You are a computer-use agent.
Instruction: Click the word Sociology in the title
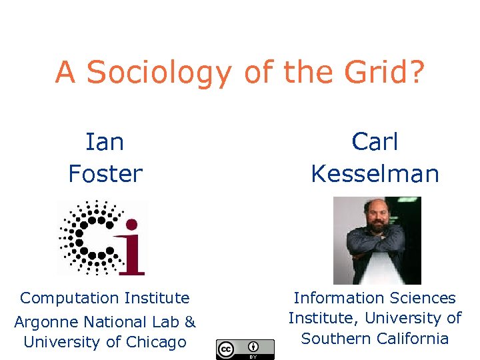[x=159, y=73]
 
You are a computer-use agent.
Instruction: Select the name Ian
[x=105, y=141]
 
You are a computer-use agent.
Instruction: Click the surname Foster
[x=105, y=174]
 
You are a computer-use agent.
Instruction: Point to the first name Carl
[x=375, y=141]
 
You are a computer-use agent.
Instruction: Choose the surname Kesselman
[x=375, y=174]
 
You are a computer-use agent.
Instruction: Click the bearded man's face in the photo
[x=377, y=217]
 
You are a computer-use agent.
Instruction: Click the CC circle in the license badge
[x=226, y=348]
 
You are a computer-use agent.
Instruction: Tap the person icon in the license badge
[x=253, y=347]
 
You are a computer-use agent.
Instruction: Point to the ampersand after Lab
[x=190, y=323]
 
